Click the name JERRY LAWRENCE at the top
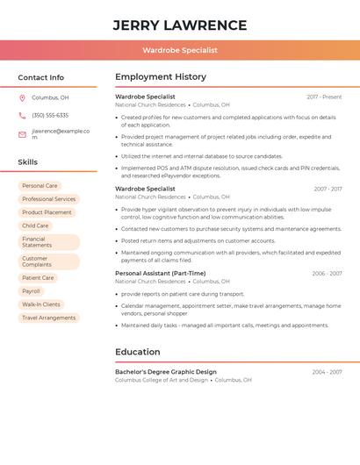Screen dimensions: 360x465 [x=180, y=25]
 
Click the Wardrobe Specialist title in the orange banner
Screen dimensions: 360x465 [x=180, y=50]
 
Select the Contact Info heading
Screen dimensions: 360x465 [x=41, y=77]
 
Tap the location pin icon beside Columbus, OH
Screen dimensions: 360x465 [x=22, y=97]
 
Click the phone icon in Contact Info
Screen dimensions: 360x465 [x=22, y=115]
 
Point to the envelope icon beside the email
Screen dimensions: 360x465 [x=22, y=133]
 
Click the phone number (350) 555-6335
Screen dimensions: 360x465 [x=50, y=115]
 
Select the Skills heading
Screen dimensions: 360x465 [x=28, y=162]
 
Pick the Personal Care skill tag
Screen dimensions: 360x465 [x=40, y=186]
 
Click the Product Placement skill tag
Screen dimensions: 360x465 [x=47, y=212]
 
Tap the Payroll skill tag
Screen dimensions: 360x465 [x=31, y=291]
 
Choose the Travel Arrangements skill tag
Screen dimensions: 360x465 [x=48, y=318]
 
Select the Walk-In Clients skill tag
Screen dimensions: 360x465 [x=41, y=304]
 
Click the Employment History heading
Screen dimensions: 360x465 [x=161, y=77]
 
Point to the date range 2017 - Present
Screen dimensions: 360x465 [x=324, y=97]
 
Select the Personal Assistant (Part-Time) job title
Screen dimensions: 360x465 [x=160, y=273]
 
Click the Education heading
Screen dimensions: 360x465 [x=138, y=352]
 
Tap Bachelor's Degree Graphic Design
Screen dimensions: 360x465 [x=166, y=371]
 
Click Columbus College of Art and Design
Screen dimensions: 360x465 [x=162, y=380]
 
